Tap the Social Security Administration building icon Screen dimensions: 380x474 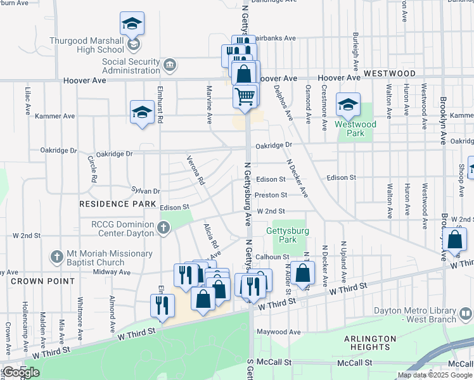coord(170,65)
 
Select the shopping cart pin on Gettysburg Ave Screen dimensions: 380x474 coord(245,96)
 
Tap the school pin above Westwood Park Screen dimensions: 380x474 coord(348,105)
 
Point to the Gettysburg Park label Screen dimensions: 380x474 coord(288,236)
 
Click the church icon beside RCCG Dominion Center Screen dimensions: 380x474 coord(164,228)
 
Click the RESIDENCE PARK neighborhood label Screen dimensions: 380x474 coord(117,204)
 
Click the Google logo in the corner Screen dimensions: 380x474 coord(21,372)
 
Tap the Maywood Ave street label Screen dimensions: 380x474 coord(278,331)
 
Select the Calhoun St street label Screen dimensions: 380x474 coord(272,256)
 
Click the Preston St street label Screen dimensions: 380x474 coord(272,195)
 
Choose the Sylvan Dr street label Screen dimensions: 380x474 coord(146,190)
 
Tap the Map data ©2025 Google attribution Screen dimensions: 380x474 coord(435,375)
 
